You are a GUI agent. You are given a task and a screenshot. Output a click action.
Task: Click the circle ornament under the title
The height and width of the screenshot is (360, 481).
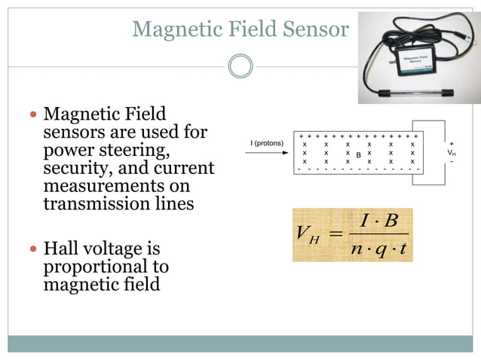point(240,66)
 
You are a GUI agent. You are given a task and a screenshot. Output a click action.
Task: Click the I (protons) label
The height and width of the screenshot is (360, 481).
point(267,143)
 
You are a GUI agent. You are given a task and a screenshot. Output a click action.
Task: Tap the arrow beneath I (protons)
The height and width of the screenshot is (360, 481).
point(267,153)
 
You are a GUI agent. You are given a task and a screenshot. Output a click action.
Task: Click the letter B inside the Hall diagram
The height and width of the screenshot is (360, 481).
point(359,155)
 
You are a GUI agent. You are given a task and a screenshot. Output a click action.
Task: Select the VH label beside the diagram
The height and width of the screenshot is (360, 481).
point(452,152)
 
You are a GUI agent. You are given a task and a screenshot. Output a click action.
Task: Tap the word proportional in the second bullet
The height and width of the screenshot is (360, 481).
point(106,267)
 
